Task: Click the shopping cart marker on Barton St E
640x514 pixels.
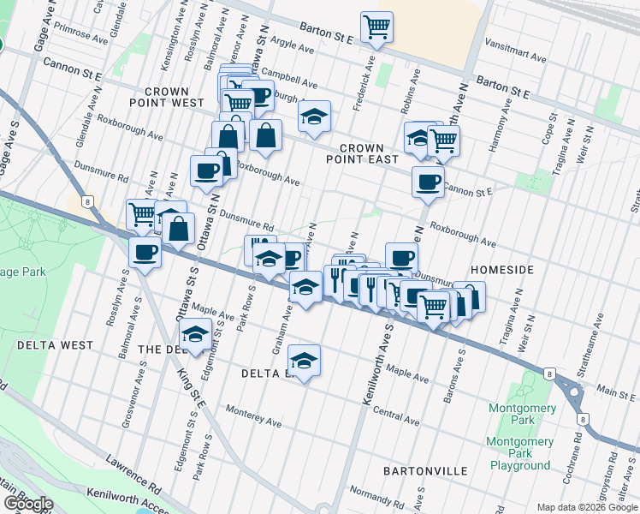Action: pyautogui.click(x=376, y=27)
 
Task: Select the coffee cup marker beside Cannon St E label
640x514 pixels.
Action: pyautogui.click(x=428, y=182)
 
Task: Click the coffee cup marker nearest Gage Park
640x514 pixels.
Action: pyautogui.click(x=145, y=252)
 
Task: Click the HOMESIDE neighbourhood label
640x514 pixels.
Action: pyautogui.click(x=502, y=270)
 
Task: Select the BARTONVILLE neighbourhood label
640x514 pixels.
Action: pyautogui.click(x=425, y=471)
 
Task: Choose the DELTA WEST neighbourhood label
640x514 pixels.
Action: pyautogui.click(x=54, y=345)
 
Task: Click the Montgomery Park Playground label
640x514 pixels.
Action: pyautogui.click(x=519, y=454)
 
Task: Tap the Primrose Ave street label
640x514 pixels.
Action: pyautogui.click(x=80, y=39)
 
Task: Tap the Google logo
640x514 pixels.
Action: pyautogui.click(x=27, y=504)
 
